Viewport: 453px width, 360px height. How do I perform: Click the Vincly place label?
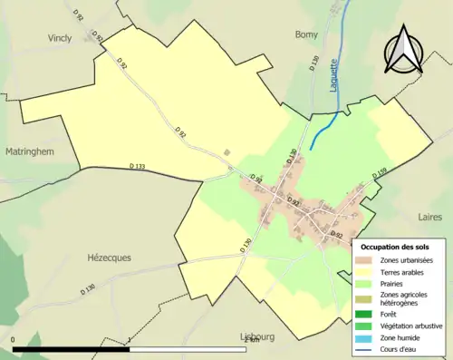(x=59, y=38)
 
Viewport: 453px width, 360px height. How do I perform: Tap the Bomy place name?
(x=306, y=34)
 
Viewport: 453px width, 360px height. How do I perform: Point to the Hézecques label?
(x=108, y=258)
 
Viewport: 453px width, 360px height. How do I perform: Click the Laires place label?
(x=429, y=218)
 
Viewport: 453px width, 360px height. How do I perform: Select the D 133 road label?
(x=138, y=166)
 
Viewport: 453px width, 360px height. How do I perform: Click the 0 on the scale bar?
(x=14, y=340)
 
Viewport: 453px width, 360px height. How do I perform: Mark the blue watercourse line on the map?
(x=323, y=132)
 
